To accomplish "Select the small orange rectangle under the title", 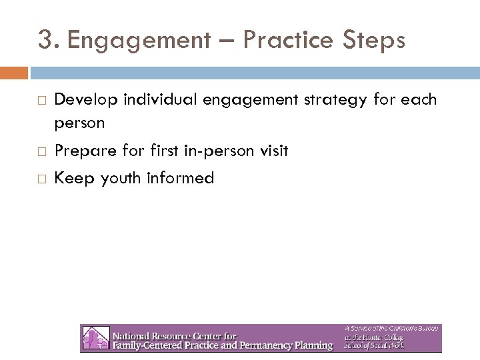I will point(14,72).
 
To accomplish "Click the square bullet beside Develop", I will point(41,101).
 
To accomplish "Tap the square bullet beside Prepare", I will point(41,152).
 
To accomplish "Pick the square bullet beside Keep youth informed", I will point(41,178).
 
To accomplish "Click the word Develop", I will point(83,100).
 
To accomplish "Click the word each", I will point(418,100).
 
